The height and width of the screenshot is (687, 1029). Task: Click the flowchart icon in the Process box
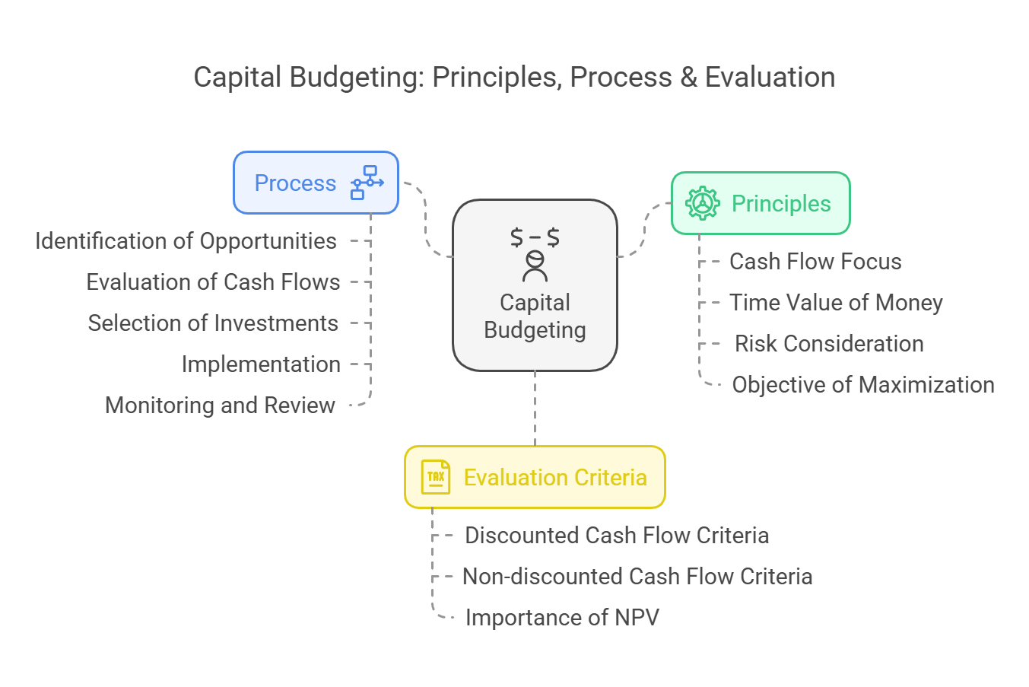coord(367,183)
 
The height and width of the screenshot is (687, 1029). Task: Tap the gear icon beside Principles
coord(703,203)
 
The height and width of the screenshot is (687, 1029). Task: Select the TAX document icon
coord(436,477)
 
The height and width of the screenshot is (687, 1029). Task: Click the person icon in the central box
coord(535,266)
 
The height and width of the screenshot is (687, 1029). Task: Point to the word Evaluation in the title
coord(770,77)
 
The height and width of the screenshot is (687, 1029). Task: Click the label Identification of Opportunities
coord(186,241)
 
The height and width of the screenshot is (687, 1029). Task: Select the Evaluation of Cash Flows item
coord(213,281)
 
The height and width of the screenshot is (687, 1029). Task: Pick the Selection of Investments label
coord(213,323)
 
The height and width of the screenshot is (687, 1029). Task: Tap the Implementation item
coord(261,364)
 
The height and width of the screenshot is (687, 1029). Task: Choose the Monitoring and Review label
coord(220,405)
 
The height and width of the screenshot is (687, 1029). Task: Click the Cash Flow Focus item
coord(815,261)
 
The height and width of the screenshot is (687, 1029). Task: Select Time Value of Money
coord(836,302)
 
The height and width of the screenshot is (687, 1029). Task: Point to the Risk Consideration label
coord(829,343)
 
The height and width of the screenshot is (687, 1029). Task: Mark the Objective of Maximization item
coord(863,385)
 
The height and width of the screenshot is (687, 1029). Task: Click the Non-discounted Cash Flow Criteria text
coord(637,576)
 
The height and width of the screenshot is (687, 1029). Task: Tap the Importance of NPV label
coord(562,617)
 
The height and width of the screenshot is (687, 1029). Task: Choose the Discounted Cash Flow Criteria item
coord(617,536)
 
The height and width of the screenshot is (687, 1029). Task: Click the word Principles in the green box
coord(781,204)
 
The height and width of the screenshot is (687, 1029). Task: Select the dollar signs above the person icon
coord(535,237)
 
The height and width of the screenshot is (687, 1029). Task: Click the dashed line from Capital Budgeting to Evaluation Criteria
coord(535,408)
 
